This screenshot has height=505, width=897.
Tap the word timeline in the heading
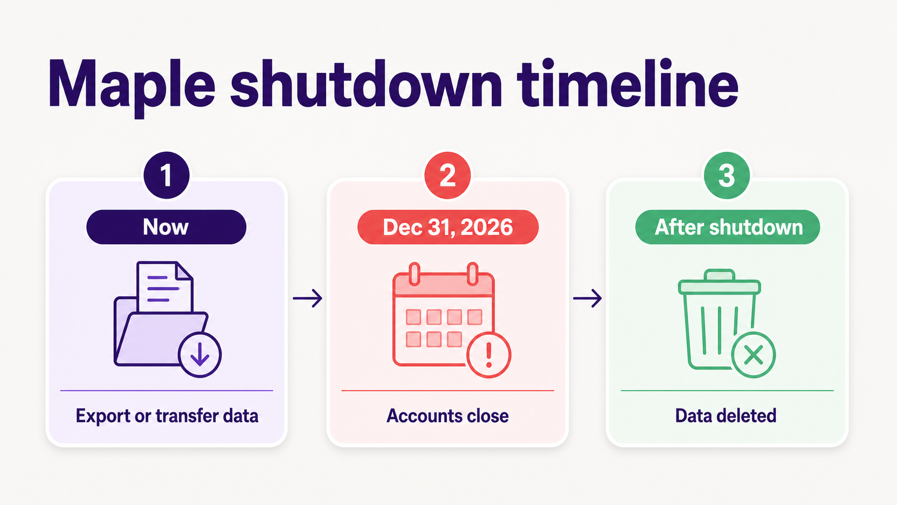tap(627, 83)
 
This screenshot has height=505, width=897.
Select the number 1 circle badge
tap(167, 175)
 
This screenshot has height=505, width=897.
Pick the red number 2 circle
tap(448, 175)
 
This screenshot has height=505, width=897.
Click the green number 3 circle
tap(727, 175)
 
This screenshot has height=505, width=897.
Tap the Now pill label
tap(166, 227)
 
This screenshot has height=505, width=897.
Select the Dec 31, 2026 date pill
tap(448, 227)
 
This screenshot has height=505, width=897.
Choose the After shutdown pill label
tap(727, 227)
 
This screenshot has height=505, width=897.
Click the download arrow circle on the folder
tap(200, 355)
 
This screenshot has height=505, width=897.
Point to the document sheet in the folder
tap(165, 287)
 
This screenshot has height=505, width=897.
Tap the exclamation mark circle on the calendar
tap(489, 355)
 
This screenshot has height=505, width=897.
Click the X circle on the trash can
tap(754, 355)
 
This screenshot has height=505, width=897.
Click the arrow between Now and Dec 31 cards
tap(307, 298)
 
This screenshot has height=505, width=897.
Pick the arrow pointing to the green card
tap(587, 298)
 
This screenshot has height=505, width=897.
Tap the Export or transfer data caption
tap(167, 416)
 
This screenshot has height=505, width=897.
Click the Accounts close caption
tap(448, 416)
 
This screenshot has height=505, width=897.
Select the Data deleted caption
tap(726, 416)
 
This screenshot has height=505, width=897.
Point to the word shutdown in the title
tap(366, 83)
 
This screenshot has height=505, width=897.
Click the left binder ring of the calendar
tap(415, 274)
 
